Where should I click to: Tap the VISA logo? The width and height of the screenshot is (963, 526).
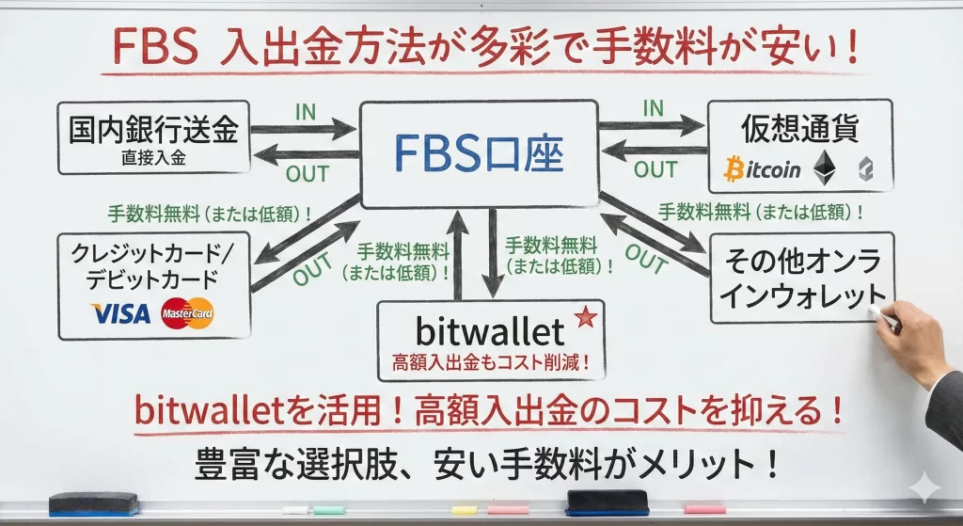tap(120, 313)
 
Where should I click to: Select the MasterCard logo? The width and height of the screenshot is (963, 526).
tap(187, 313)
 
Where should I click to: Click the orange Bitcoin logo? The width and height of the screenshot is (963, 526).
tap(763, 169)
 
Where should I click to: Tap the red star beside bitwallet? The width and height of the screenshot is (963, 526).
tap(584, 318)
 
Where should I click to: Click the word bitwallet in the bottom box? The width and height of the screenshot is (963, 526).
tap(489, 331)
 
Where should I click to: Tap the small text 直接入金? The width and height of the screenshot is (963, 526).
tap(153, 157)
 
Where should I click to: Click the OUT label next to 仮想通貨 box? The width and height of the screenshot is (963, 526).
tap(655, 169)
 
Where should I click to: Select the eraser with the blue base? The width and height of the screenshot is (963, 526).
tap(93, 504)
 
